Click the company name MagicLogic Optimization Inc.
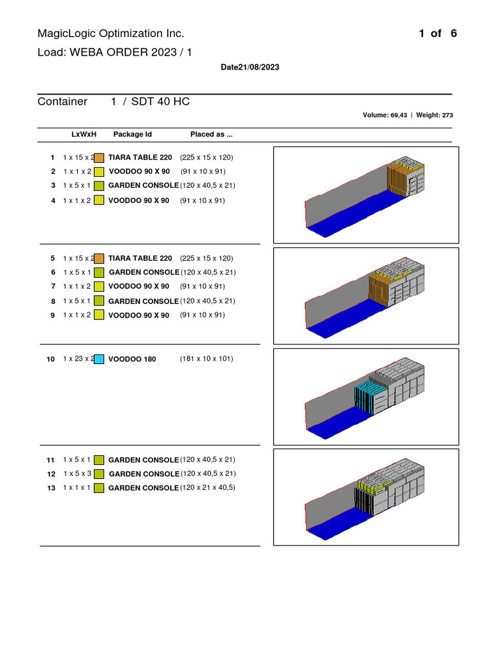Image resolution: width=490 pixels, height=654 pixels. (110, 34)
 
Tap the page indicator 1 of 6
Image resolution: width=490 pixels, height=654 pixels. (438, 34)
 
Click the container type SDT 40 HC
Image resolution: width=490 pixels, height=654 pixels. (160, 102)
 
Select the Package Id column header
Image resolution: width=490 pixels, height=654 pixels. (133, 134)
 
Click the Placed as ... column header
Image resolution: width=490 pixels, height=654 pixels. (211, 134)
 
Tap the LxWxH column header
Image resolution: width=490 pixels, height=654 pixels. (84, 134)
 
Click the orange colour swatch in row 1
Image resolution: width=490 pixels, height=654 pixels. (99, 157)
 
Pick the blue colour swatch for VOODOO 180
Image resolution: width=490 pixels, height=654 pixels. (99, 359)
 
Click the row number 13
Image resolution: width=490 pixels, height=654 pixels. (50, 488)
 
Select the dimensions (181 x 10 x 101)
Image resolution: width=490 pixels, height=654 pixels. (206, 359)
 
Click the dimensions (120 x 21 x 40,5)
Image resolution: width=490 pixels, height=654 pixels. (207, 488)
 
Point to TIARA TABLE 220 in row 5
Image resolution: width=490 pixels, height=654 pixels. (140, 259)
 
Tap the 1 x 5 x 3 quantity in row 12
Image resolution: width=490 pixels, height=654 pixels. (77, 474)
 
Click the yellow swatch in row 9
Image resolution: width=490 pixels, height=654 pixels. (99, 315)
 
